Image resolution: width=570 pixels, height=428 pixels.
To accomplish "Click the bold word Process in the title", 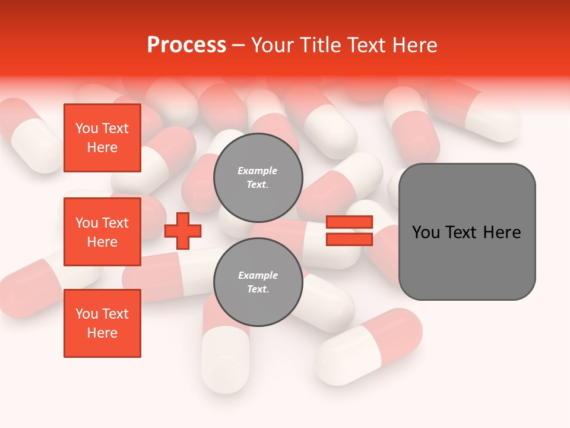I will pos(186,45).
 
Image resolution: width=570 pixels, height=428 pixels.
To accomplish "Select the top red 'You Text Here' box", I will pos(102,138).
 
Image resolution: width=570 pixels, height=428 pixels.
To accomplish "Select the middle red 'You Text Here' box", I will pos(102,232).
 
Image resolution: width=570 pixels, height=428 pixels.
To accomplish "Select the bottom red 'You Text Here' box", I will pos(102,323).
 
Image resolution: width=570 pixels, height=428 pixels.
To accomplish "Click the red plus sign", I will pos(183,231).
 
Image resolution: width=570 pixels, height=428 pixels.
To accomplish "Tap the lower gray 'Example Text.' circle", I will pos(258,282).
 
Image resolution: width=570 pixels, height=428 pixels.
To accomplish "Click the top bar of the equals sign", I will pos(350,222).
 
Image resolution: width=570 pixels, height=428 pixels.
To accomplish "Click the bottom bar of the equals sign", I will pos(350,239).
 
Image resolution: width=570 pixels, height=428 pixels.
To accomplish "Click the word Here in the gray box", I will pos(502,232).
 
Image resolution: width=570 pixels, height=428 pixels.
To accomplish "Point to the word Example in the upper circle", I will pos(258,171).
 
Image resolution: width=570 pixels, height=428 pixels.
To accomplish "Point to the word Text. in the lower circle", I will pos(258,289).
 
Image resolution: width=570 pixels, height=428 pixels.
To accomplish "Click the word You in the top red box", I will pos(87,128).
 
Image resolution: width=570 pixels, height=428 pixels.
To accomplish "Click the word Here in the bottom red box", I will pos(102,333).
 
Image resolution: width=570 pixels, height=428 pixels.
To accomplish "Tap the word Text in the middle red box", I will pos(115,223).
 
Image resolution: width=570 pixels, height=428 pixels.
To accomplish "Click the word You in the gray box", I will pos(426,232).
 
